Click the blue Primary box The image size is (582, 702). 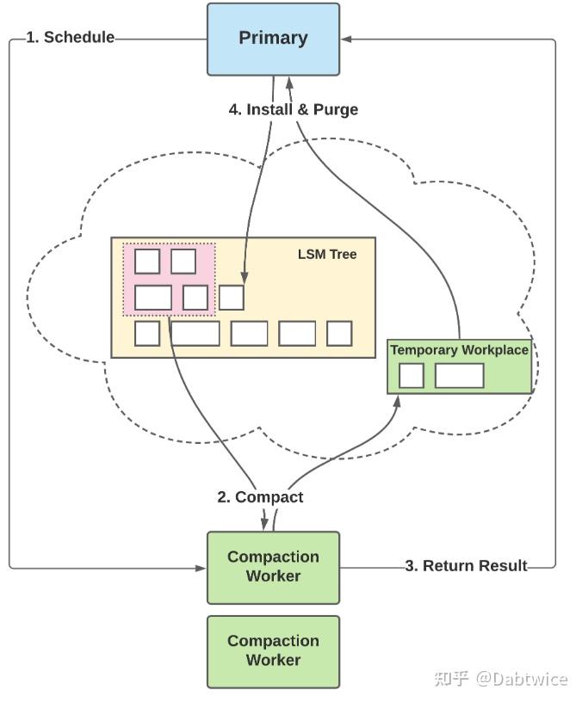pos(273,40)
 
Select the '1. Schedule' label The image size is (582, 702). pos(71,37)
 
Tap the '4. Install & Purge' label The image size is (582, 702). pos(294,109)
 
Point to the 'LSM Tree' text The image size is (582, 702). pos(327,255)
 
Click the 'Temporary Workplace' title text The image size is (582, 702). pos(459,349)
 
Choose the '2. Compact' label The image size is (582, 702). pos(260,497)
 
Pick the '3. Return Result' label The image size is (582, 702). pos(466,566)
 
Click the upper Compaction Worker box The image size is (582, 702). pos(273,568)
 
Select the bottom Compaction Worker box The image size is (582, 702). pos(273,652)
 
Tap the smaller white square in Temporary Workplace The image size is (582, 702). pos(412,376)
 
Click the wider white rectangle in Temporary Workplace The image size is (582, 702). pos(460,376)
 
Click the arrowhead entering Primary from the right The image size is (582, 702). pos(346,40)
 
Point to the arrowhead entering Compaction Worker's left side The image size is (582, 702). pos(201,568)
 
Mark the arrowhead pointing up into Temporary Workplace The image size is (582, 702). pos(397,401)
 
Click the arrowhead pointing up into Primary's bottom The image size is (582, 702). pos(289,83)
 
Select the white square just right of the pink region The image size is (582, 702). pos(232,298)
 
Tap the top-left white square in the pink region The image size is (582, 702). pos(147,262)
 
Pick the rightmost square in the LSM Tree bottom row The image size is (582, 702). pos(339,334)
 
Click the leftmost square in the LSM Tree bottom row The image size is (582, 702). pos(147,334)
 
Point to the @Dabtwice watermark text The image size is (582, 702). pos(522,679)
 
